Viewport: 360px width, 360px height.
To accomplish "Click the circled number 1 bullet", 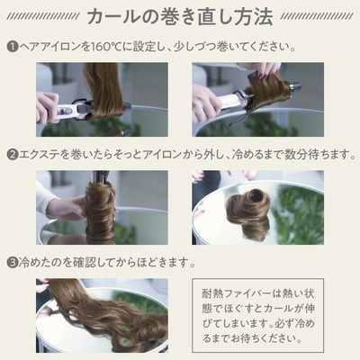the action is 13,47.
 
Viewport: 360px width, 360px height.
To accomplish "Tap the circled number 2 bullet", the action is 13,155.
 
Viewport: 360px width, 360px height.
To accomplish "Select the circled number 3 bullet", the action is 13,263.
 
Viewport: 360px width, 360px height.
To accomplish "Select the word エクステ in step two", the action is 39,155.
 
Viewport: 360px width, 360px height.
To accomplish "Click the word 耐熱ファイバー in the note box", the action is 237,293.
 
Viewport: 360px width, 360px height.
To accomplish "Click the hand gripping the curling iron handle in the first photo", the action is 47,107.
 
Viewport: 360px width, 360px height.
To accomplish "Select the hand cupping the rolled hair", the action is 65,207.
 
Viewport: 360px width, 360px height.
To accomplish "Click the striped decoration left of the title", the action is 43,16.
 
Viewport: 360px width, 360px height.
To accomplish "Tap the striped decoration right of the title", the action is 317,16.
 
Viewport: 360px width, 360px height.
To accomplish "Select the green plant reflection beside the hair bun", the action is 299,214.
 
